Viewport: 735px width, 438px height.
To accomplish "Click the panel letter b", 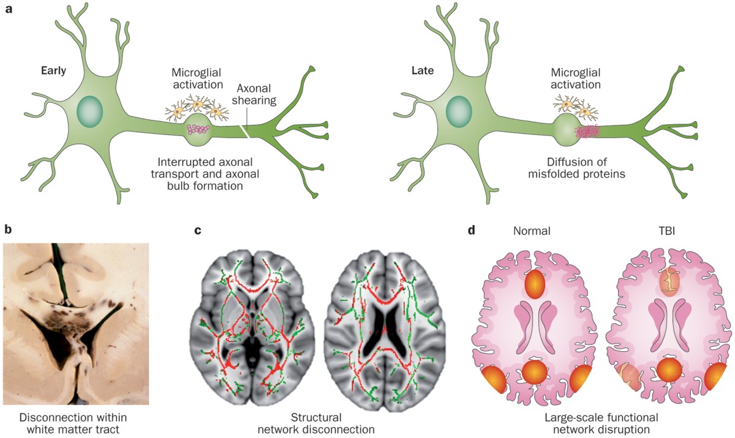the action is [9, 231].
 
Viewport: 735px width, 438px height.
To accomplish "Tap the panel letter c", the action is [197, 231].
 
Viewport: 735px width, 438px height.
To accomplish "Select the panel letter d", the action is [470, 231].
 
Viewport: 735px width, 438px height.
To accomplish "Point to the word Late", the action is [423, 70].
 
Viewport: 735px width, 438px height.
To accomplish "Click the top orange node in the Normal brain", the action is [535, 284].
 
